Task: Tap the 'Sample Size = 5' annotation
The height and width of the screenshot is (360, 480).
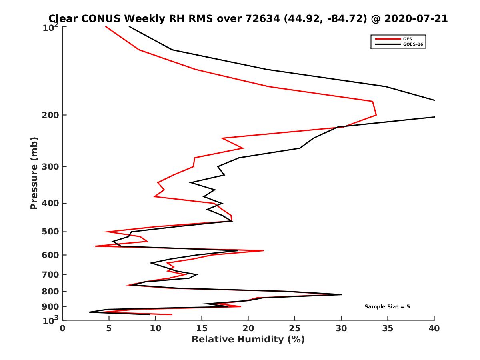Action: [387, 307]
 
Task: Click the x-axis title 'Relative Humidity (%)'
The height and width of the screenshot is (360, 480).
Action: [248, 340]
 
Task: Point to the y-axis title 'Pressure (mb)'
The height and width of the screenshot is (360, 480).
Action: [34, 173]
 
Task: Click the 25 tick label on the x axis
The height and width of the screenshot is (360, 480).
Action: [295, 328]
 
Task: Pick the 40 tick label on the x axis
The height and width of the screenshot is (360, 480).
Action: [434, 328]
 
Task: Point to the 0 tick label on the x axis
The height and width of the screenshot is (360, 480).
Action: [63, 328]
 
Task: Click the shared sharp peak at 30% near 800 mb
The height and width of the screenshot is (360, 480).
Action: [341, 294]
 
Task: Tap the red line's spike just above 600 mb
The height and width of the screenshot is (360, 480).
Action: [263, 250]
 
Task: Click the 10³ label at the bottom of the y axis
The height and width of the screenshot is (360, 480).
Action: [51, 320]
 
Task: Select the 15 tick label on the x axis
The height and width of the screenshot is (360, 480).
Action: [202, 328]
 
